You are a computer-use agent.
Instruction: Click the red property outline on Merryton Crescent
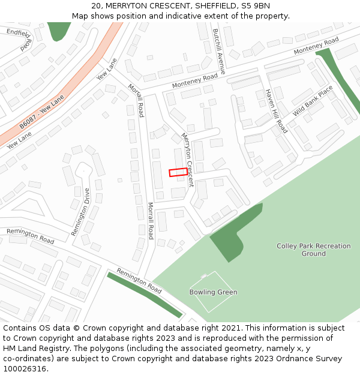click(178, 173)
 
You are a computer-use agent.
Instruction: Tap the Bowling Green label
click(213, 292)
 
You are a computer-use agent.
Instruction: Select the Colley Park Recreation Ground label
click(313, 250)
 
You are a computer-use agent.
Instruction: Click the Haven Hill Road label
click(276, 112)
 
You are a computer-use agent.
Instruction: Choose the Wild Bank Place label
click(313, 101)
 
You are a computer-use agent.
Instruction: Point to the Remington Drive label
click(80, 212)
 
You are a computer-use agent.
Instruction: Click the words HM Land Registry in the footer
click(37, 348)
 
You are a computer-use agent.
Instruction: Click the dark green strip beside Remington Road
click(144, 295)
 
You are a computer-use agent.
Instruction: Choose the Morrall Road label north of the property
click(136, 100)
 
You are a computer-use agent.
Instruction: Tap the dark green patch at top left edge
click(59, 30)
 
